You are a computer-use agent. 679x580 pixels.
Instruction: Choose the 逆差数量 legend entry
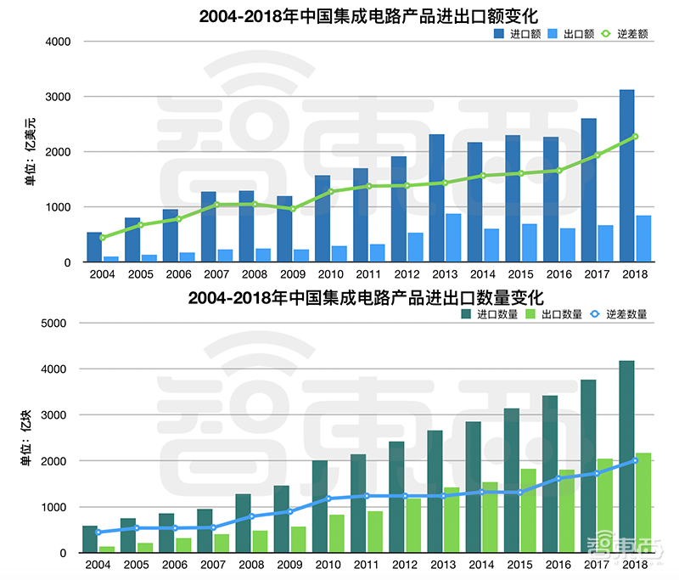point(629,314)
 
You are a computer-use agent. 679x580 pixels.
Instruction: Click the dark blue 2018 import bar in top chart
point(626,175)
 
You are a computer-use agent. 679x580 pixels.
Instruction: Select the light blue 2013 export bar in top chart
point(453,238)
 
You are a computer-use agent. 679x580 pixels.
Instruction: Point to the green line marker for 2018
point(634,136)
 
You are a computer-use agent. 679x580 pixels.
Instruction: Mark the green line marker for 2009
point(293,208)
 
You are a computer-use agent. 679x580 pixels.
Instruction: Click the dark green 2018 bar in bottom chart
point(626,457)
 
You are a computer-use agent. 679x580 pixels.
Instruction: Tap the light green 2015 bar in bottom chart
point(527,510)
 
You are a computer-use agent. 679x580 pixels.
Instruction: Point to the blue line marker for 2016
point(558,478)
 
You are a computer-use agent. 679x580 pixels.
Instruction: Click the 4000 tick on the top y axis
point(57,42)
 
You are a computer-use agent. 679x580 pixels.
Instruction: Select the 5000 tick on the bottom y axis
point(57,324)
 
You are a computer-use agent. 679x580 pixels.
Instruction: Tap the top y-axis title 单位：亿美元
point(31,151)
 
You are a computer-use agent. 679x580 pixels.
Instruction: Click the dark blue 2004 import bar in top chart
point(94,247)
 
